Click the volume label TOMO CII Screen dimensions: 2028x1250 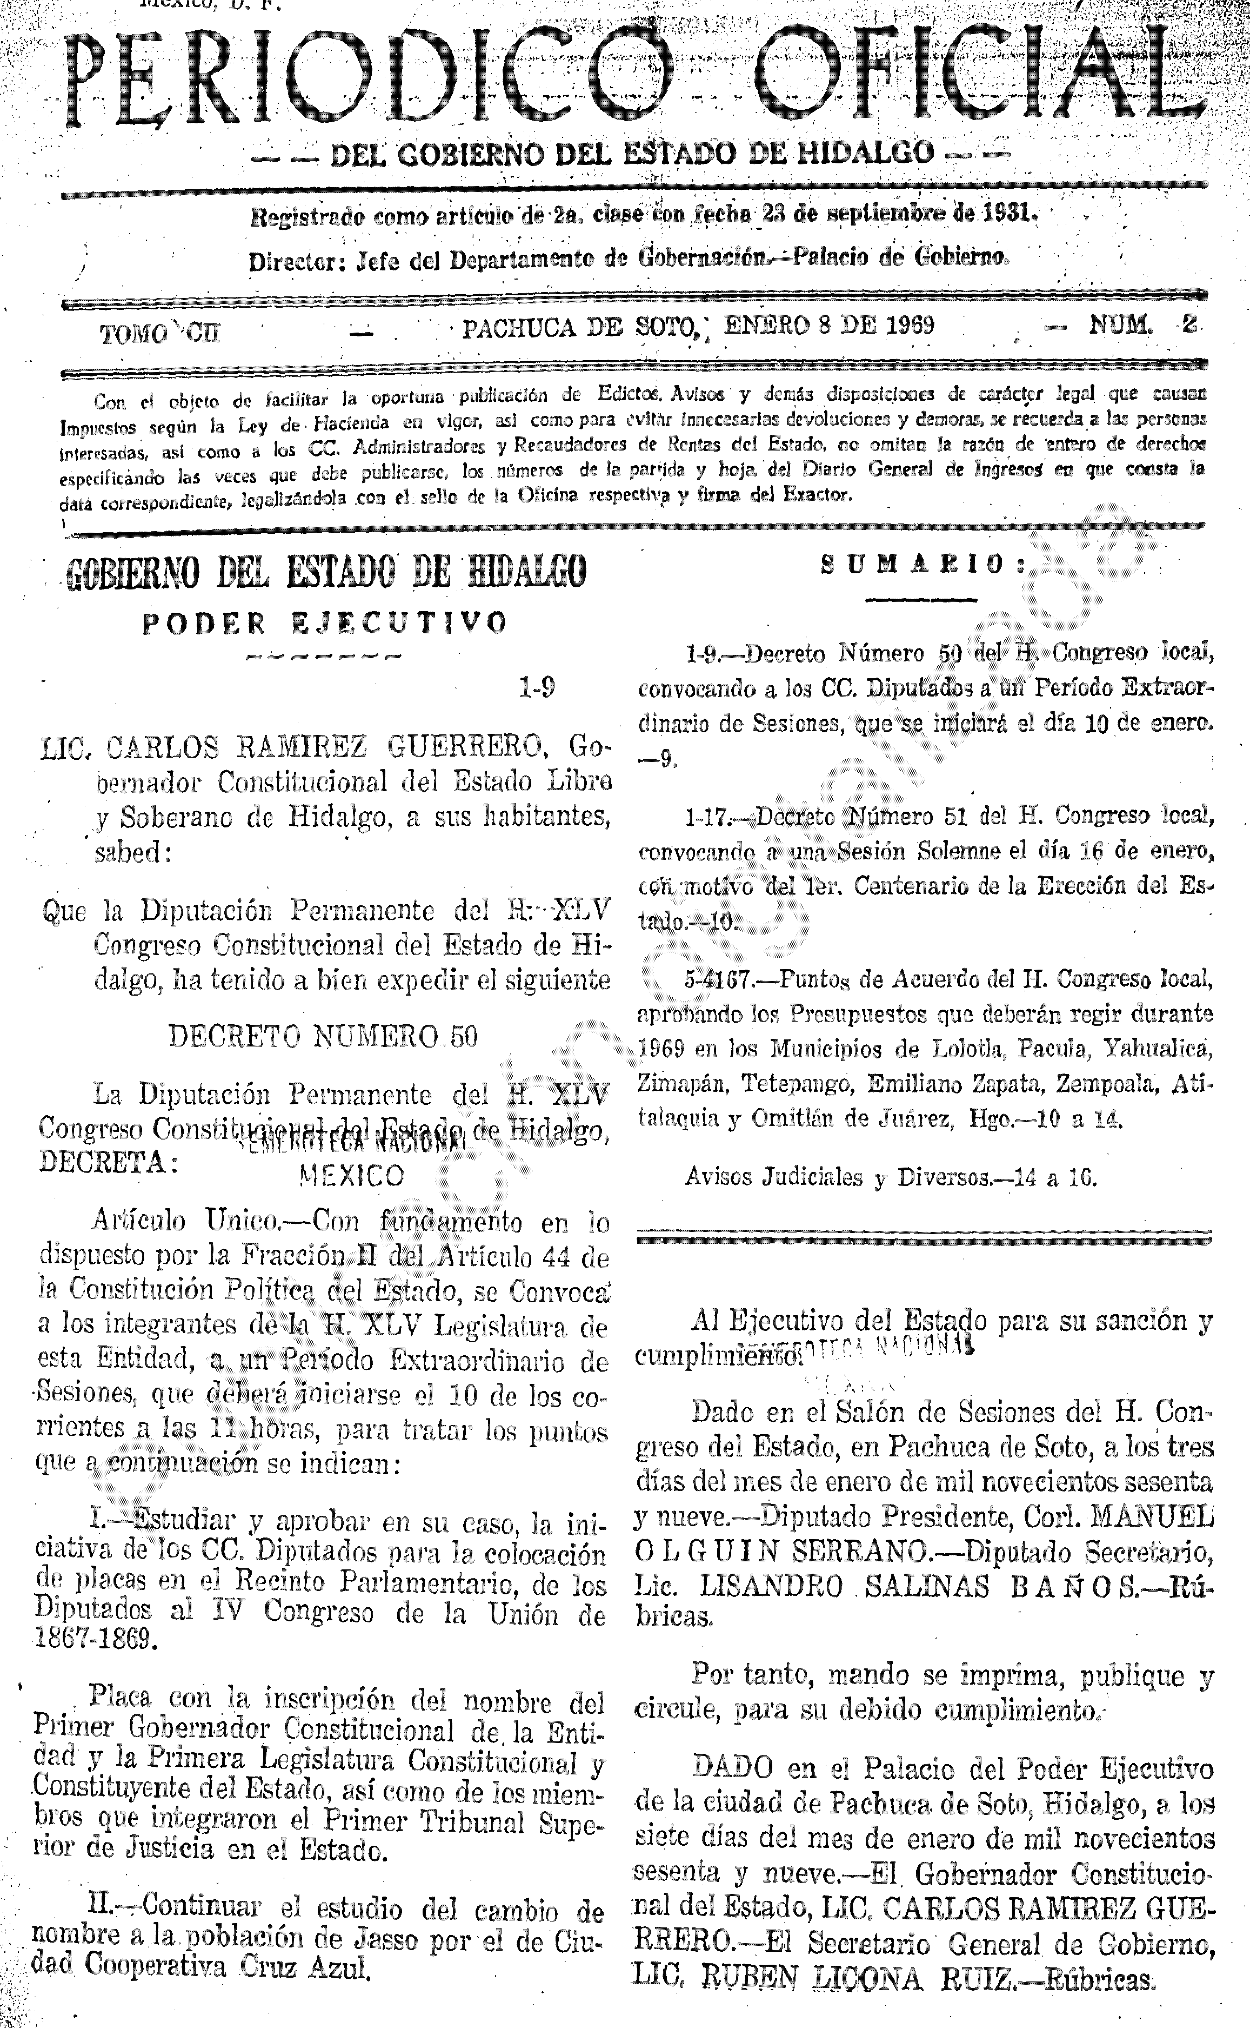click(x=159, y=333)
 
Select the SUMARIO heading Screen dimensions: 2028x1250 click(x=922, y=565)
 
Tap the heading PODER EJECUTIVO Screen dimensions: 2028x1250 click(x=324, y=623)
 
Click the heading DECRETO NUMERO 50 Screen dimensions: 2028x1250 click(x=323, y=1036)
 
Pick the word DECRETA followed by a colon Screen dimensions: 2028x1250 click(x=108, y=1163)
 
